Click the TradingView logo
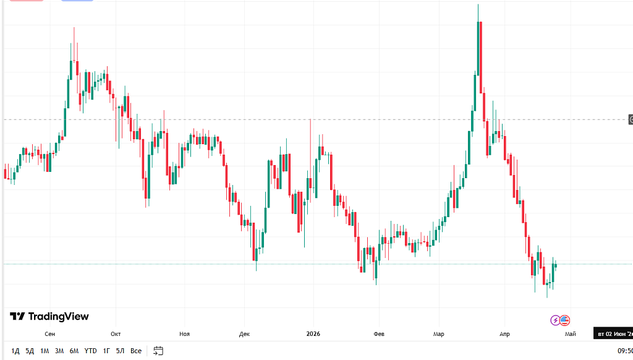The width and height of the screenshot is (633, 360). coord(49,317)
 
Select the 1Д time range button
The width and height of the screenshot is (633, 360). coord(15,351)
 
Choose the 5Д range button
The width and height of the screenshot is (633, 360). coord(30,351)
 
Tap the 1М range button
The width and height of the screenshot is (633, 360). coord(45,351)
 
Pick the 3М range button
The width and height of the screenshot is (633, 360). coord(59,351)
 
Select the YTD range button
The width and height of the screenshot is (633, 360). coord(91,351)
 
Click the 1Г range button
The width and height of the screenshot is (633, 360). coord(107,351)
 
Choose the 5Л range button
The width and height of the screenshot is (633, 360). coord(120,351)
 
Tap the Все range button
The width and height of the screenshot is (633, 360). coord(136,351)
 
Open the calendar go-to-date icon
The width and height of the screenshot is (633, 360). coord(158,351)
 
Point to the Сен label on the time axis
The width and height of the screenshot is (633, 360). coord(50,334)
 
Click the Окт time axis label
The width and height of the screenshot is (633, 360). coord(116,334)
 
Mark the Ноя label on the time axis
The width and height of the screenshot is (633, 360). coord(184,334)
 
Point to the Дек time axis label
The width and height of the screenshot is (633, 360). coord(244,334)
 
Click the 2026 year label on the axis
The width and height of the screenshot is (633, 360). coord(313,334)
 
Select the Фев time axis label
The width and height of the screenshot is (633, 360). coord(379,334)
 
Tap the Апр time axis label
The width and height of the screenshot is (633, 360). coord(505,334)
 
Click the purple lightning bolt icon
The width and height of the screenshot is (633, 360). coord(555,320)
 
